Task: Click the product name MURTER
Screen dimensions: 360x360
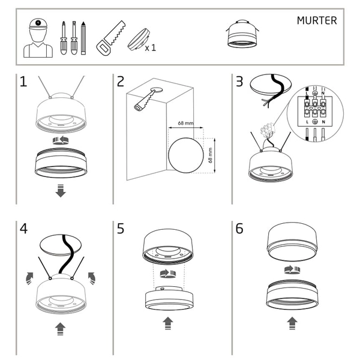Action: click(x=317, y=20)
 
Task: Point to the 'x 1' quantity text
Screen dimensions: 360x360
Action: click(x=150, y=47)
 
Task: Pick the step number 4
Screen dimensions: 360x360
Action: click(x=23, y=229)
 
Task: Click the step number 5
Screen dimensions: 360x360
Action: click(x=121, y=229)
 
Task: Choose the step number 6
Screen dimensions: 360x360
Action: click(x=239, y=229)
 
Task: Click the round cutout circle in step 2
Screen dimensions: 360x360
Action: click(x=185, y=153)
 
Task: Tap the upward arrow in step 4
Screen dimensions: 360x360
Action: click(x=60, y=328)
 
